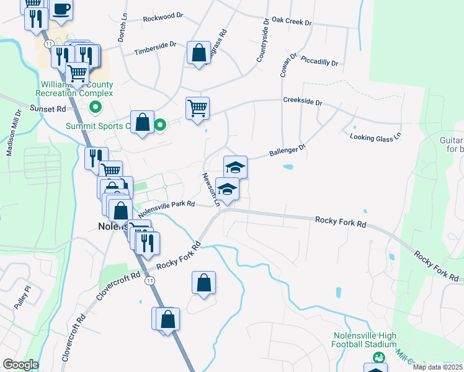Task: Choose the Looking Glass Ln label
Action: [x=375, y=137]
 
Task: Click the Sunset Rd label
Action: [x=48, y=108]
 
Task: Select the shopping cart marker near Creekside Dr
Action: [x=197, y=108]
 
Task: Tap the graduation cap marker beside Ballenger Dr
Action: [x=235, y=167]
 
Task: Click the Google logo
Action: [x=20, y=365]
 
